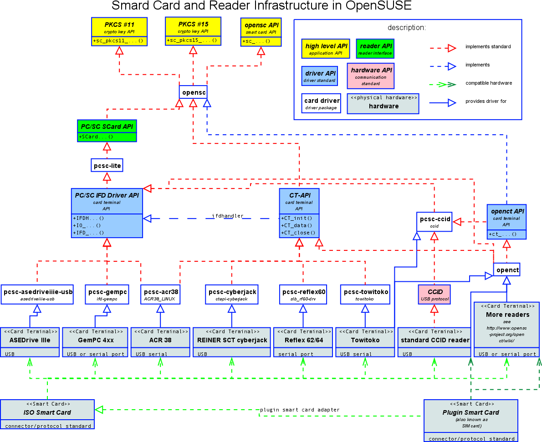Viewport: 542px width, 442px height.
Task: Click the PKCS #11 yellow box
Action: [119, 31]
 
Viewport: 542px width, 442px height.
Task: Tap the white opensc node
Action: [193, 92]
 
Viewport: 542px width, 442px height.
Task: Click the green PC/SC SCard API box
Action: [107, 131]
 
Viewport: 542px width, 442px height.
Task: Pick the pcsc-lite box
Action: [107, 166]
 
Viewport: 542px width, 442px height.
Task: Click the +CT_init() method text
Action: [297, 218]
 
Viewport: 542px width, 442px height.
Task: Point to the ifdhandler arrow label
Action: [227, 216]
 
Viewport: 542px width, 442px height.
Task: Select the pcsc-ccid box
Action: [435, 222]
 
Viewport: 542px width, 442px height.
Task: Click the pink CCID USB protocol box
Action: [435, 294]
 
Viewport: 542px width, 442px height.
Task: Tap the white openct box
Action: [506, 270]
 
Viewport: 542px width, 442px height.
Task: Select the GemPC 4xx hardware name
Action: [96, 340]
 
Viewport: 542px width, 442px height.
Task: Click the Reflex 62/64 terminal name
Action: [303, 340]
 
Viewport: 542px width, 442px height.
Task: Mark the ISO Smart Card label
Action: [47, 412]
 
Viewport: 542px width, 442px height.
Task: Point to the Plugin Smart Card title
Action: [471, 412]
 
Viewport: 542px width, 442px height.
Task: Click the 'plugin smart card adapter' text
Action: [300, 410]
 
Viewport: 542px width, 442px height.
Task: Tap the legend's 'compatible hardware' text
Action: [489, 83]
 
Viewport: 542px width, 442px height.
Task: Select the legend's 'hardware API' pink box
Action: [371, 76]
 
